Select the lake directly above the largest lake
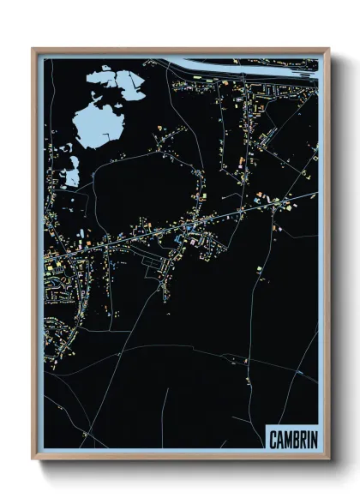(116, 84)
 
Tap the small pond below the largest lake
(72, 175)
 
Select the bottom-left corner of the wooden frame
(34, 459)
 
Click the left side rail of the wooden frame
(34, 257)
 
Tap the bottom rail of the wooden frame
(180, 459)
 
